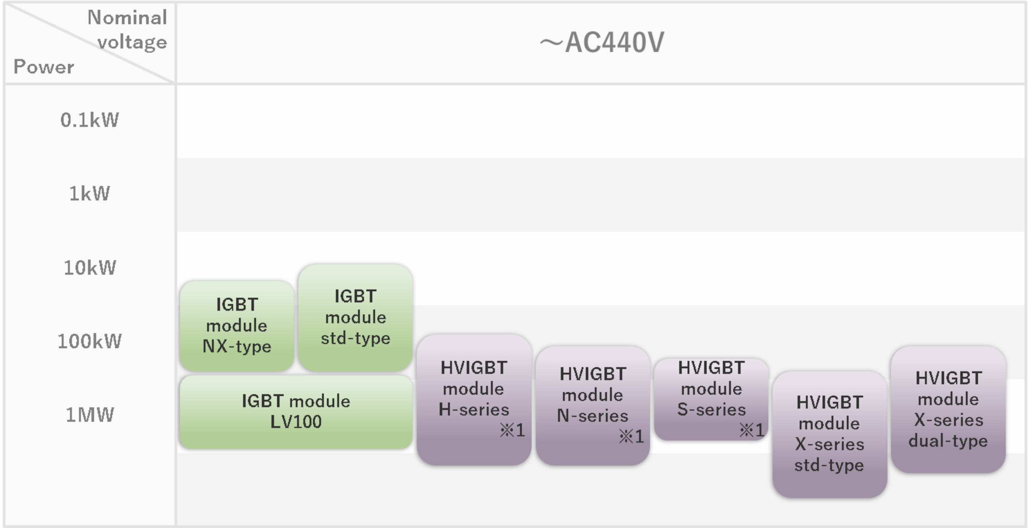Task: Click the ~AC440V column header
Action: (601, 42)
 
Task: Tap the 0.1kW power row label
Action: (89, 120)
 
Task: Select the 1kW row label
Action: (89, 193)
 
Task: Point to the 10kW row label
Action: (89, 267)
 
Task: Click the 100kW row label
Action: (89, 341)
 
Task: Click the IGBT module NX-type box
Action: (237, 326)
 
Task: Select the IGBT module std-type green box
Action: (355, 317)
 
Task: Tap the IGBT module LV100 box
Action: (296, 412)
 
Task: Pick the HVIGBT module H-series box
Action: (474, 399)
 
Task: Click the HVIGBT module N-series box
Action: (593, 405)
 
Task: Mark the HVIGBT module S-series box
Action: (711, 399)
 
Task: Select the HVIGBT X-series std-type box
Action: (829, 434)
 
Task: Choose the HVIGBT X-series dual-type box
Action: (948, 409)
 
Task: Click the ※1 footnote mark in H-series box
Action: (512, 430)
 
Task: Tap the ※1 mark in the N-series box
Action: (632, 436)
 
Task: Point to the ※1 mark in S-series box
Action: (751, 430)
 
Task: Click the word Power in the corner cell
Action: (44, 66)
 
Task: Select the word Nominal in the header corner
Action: (127, 17)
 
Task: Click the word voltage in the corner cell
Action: (132, 43)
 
